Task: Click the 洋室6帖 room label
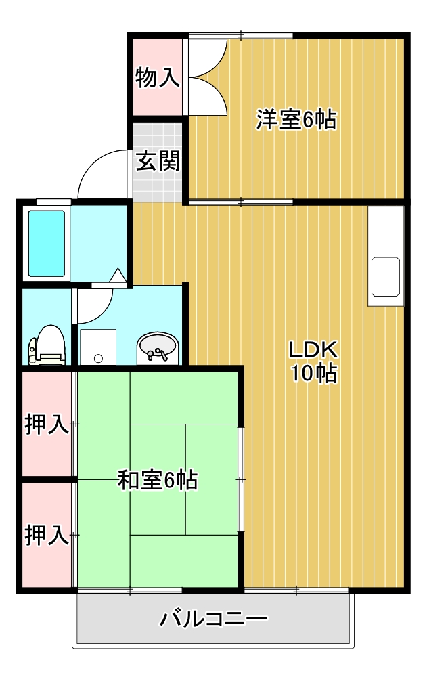(x=296, y=120)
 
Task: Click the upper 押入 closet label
(x=47, y=424)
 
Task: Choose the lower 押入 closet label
(x=47, y=535)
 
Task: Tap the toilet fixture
(x=47, y=345)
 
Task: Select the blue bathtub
(x=46, y=243)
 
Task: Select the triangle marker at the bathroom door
(x=118, y=275)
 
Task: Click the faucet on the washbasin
(x=159, y=351)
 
